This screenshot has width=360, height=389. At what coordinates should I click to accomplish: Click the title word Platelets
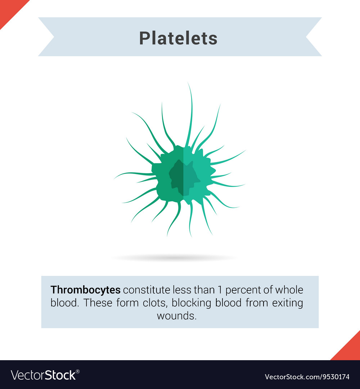click(178, 38)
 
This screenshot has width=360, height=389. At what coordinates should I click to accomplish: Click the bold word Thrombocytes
click(85, 290)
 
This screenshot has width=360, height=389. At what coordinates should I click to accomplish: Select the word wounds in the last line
click(177, 316)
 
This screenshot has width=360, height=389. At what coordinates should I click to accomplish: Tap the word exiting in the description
click(288, 303)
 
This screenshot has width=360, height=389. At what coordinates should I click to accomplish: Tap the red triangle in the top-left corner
click(9, 9)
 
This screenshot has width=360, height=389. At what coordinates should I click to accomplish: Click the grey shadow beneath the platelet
click(175, 258)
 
